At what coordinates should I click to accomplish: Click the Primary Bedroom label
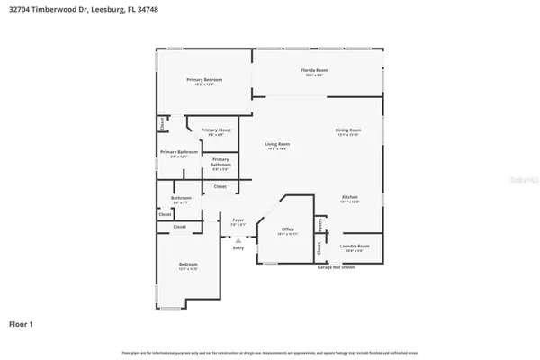(204, 80)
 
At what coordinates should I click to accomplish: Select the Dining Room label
(347, 130)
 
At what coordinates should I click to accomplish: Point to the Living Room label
(276, 144)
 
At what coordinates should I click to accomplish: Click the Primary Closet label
(213, 130)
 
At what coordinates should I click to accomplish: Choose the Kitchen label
(349, 197)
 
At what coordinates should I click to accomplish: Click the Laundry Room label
(354, 245)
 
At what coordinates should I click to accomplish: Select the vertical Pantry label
(319, 223)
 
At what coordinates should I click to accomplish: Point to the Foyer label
(238, 220)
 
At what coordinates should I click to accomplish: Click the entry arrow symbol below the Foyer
(238, 239)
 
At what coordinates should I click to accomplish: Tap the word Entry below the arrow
(238, 247)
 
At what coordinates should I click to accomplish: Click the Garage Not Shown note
(335, 267)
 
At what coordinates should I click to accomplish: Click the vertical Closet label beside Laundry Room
(319, 247)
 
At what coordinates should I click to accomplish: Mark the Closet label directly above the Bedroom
(179, 227)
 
